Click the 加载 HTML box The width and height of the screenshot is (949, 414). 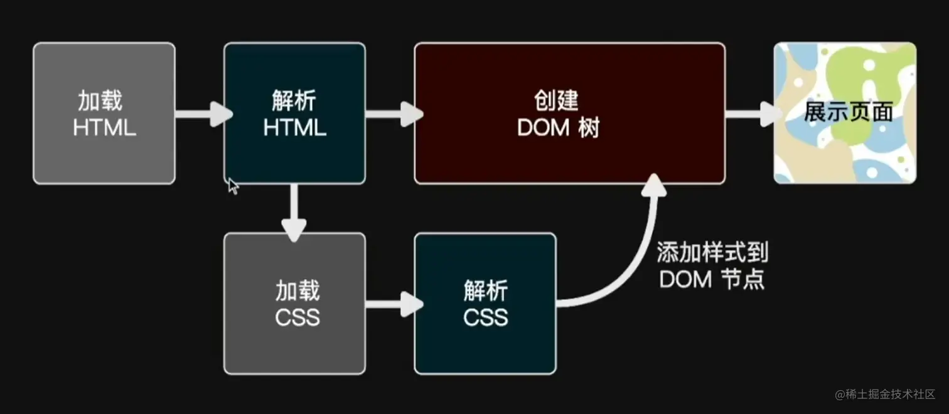(104, 113)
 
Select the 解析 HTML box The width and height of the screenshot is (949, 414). (294, 113)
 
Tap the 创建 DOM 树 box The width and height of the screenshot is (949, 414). (569, 113)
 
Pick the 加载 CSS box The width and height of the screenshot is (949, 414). (294, 304)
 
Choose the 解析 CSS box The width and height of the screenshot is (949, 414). (485, 304)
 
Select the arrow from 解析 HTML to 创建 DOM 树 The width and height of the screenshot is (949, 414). (393, 114)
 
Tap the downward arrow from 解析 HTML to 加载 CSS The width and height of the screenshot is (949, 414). (294, 213)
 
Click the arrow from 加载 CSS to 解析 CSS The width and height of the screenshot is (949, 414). (393, 305)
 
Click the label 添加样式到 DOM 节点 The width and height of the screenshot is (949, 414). (712, 266)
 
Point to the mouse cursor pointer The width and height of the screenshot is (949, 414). (232, 186)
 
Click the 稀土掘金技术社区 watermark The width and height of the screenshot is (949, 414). (885, 394)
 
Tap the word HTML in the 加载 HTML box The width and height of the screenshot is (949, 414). (104, 127)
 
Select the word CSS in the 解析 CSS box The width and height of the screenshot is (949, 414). (486, 317)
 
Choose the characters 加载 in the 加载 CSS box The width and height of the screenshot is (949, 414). (298, 290)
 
